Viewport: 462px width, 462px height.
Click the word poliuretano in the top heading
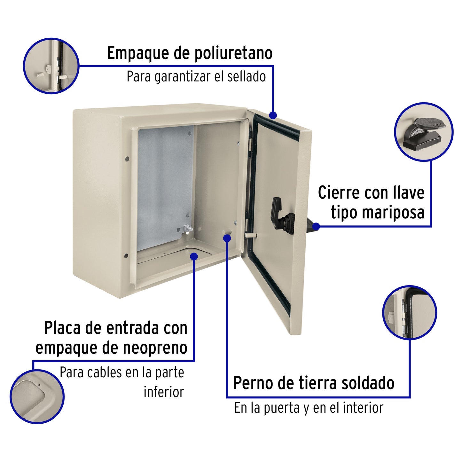[x=233, y=53]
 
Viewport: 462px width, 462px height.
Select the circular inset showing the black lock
[x=424, y=131]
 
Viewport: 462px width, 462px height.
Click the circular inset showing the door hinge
[x=410, y=312]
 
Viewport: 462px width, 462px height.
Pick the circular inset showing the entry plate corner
[x=37, y=397]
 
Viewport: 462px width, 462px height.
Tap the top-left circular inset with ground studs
[x=51, y=66]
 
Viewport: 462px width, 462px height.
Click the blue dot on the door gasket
[x=273, y=115]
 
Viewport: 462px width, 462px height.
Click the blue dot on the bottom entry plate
[x=194, y=256]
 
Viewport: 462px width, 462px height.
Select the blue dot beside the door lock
[x=316, y=226]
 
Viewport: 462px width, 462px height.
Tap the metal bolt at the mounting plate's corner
[x=187, y=229]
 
